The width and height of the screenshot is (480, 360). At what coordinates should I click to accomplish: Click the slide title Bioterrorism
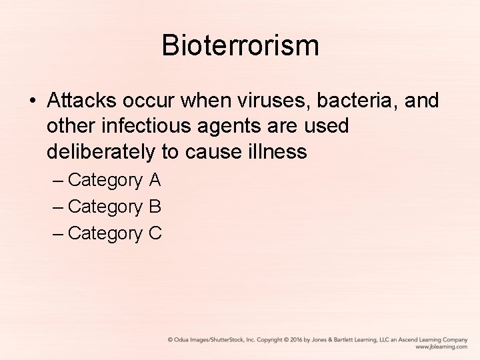pos(240,46)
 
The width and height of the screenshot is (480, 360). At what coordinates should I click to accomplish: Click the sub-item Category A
pos(114,181)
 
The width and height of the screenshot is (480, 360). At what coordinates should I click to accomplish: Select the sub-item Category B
pos(114,207)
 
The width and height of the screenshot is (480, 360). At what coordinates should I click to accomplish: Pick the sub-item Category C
pos(114,233)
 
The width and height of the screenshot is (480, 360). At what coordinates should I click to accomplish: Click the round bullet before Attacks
pos(33,101)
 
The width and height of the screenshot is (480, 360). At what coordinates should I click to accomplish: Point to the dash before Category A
pos(58,181)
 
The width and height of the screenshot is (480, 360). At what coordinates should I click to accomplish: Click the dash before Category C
pos(58,233)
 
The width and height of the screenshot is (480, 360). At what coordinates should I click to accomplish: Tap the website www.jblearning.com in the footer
pos(441,347)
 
